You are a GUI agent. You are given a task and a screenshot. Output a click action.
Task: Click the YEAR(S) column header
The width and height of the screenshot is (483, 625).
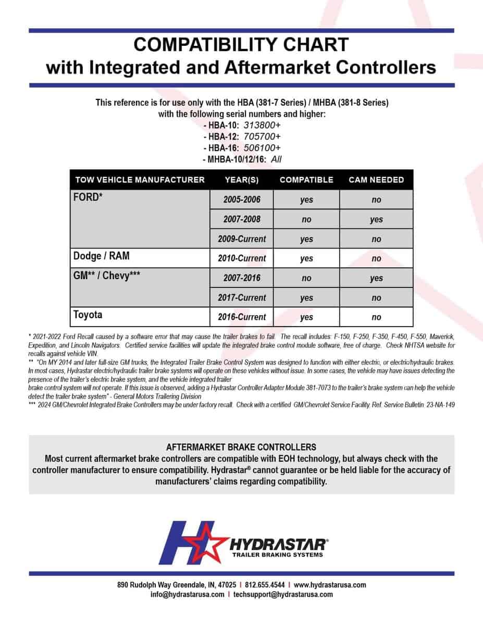[241, 180]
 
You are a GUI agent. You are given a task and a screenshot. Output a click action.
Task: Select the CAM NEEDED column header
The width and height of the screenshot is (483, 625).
[376, 180]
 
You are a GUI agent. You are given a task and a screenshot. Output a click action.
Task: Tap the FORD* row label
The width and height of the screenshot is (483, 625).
[86, 198]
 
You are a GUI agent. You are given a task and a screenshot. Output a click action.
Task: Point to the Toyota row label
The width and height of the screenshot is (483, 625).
[88, 315]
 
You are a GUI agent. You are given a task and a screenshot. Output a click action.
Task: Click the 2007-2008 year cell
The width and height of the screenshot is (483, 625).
[241, 219]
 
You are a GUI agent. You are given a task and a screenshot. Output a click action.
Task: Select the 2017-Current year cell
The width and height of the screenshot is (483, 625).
[241, 298]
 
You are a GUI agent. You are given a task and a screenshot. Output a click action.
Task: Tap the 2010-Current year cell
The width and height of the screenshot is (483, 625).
[241, 258]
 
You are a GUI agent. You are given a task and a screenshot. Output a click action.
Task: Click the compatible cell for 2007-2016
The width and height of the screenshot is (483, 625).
[306, 278]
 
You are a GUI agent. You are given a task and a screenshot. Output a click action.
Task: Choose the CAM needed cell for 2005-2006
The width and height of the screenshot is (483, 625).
[376, 200]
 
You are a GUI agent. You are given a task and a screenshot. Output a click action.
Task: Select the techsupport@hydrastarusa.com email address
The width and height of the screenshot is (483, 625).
[283, 594]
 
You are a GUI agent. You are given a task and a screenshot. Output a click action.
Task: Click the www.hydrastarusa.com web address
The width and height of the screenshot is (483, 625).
[330, 585]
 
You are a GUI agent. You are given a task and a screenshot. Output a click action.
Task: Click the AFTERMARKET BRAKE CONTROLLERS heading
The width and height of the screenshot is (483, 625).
[241, 447]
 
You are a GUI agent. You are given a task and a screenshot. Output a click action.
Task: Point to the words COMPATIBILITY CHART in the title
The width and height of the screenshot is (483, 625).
[241, 44]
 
